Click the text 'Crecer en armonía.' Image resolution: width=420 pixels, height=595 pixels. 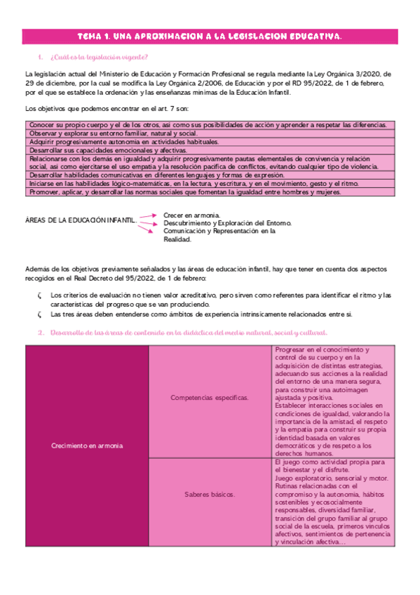point(191,215)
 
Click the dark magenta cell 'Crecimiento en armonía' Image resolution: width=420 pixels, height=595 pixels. point(87,446)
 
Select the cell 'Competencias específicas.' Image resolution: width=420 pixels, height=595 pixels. point(210,398)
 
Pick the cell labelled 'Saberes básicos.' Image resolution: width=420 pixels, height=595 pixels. point(210,494)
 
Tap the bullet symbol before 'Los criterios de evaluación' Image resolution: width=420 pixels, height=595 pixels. point(40,295)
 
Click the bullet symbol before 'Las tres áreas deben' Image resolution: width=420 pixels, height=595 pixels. point(40,314)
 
